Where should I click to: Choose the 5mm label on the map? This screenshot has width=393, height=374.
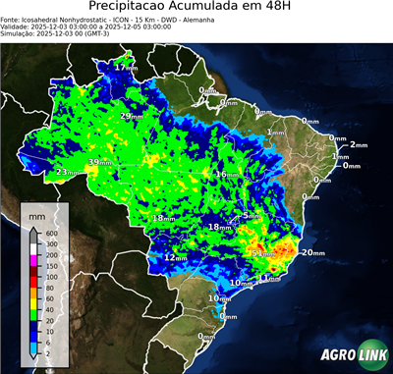pyautogui.click(x=252, y=215)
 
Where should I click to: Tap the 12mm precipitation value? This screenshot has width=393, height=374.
pyautogui.click(x=175, y=257)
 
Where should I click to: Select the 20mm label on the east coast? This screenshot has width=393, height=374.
pyautogui.click(x=311, y=252)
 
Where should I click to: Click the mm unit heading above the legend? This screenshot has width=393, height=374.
pyautogui.click(x=36, y=213)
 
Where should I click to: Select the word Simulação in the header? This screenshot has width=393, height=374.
pyautogui.click(x=18, y=33)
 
